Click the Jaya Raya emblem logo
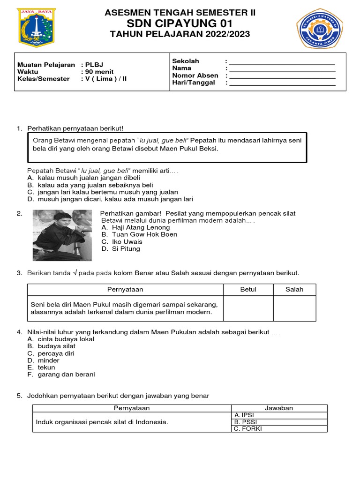(36, 28)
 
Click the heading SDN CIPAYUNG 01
(180, 23)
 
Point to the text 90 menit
(97, 72)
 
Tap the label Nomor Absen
(195, 75)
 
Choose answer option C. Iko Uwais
(121, 242)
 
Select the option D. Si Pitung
(120, 249)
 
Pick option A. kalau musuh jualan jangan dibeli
(84, 178)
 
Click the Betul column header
(248, 290)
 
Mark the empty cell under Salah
(294, 308)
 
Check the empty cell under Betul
(248, 308)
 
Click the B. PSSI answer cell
(279, 422)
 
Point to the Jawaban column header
(279, 408)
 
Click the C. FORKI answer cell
(279, 428)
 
